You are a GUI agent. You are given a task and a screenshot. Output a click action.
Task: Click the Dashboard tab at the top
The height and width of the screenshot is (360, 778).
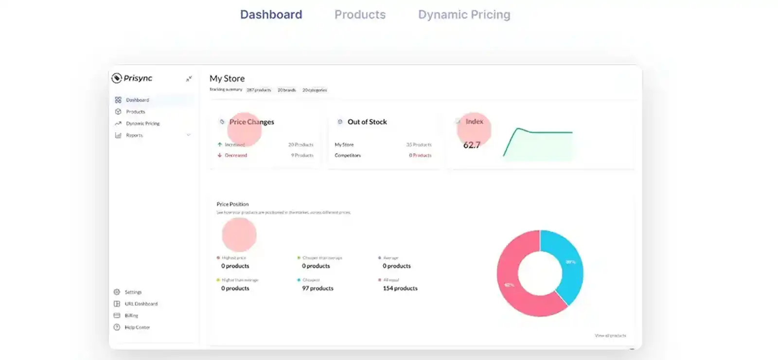click(x=271, y=15)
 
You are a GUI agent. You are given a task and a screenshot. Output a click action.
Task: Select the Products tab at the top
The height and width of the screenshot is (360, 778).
click(x=360, y=15)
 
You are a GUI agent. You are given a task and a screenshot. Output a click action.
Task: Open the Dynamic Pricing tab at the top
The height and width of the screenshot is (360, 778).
click(x=464, y=15)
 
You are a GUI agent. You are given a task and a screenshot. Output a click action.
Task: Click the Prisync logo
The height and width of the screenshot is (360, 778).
click(x=132, y=78)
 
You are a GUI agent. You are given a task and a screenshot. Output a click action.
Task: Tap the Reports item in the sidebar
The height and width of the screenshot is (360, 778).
click(x=134, y=135)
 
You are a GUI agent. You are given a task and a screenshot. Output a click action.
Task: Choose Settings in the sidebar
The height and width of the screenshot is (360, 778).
click(x=133, y=292)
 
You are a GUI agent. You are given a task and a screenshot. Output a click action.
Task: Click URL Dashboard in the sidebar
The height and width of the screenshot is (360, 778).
click(x=141, y=304)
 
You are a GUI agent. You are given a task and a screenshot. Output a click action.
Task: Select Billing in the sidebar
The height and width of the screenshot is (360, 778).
click(x=131, y=316)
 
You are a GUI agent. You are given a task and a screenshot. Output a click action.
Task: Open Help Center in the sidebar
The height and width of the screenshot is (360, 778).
click(x=137, y=327)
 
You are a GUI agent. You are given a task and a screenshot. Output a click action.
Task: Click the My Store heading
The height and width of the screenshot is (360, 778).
click(x=227, y=78)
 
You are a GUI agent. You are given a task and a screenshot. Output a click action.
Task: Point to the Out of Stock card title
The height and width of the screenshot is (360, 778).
click(x=367, y=122)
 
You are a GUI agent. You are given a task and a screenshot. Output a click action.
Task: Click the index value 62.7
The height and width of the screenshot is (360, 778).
click(x=472, y=145)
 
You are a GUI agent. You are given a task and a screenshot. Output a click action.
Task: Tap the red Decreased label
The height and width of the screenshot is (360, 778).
click(x=236, y=156)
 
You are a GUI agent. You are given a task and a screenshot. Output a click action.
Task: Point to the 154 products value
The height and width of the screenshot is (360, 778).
click(x=400, y=288)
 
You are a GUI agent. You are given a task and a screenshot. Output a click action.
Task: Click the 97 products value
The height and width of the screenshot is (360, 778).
click(x=318, y=288)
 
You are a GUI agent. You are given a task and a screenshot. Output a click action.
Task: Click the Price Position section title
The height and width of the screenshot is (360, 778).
click(x=232, y=204)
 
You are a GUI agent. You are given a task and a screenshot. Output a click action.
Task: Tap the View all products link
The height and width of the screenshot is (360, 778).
click(x=610, y=336)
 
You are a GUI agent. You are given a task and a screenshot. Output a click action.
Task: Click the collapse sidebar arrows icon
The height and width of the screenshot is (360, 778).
click(x=189, y=79)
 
